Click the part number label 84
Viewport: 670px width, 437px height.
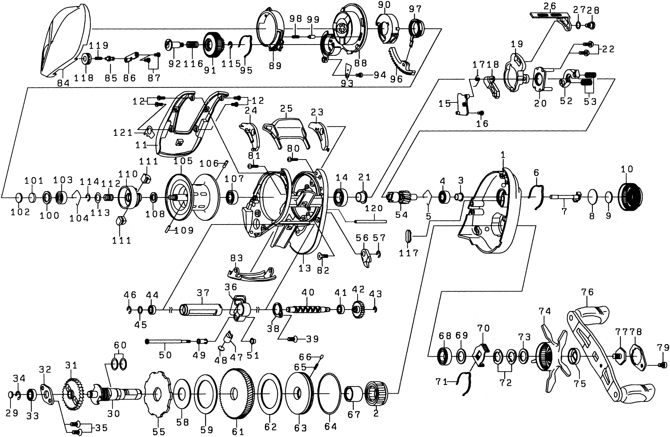coord(63,83)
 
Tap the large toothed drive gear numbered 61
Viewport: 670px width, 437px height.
coord(238,395)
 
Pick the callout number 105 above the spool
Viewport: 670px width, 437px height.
coord(183,161)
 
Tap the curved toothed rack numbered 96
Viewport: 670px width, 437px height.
coord(402,63)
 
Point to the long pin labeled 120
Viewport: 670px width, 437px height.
coord(370,221)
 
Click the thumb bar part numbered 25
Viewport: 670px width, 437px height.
coord(286,132)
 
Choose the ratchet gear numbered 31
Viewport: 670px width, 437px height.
coord(71,394)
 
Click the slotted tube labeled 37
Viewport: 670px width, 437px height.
coord(201,310)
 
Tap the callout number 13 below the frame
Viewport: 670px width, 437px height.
coord(305,268)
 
